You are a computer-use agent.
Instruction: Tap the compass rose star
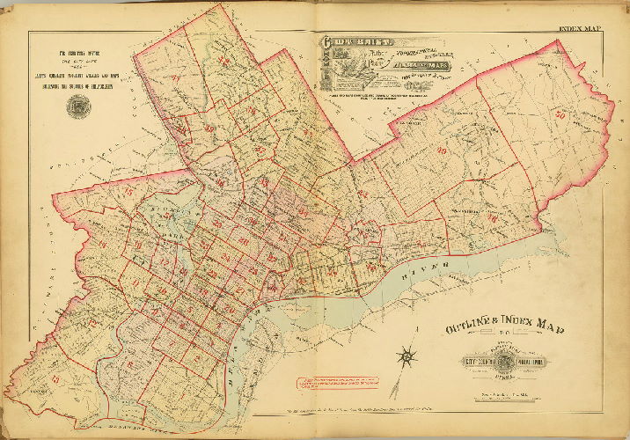tap(407, 357)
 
